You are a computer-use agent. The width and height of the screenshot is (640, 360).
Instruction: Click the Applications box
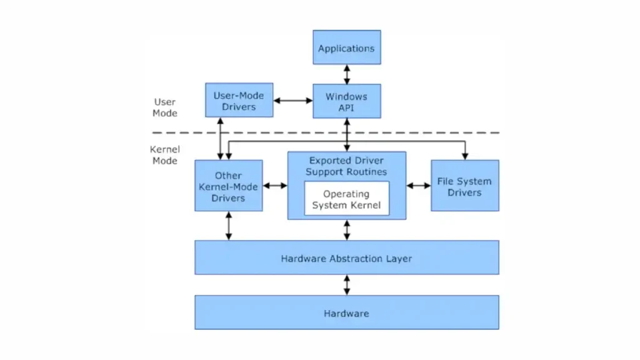point(346,47)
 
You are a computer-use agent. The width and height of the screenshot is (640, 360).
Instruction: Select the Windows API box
point(346,101)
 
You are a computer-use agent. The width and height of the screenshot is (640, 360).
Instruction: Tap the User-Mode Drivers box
point(239,101)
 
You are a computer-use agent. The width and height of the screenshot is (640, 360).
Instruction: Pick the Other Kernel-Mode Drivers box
point(229,186)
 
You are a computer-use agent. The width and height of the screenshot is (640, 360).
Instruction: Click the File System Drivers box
point(465,186)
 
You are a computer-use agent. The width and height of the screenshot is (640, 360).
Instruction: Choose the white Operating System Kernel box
point(346,198)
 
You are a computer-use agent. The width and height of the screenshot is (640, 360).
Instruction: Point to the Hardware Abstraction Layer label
point(346,259)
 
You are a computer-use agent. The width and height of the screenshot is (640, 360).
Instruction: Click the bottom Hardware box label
point(346,314)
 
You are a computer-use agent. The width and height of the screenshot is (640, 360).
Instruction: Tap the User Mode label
point(165,107)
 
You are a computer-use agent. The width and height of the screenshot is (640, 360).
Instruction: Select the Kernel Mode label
point(165,155)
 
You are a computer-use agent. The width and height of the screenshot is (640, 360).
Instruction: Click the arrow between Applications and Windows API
point(346,74)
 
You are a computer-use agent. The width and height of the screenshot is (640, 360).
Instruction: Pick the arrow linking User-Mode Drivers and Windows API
point(293,101)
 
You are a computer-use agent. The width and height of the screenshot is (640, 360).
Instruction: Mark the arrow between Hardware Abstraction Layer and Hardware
point(346,285)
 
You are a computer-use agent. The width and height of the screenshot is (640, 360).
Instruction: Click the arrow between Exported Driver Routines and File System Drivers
point(419,186)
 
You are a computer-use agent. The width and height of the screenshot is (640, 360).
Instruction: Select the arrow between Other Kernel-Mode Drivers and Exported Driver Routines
point(275,186)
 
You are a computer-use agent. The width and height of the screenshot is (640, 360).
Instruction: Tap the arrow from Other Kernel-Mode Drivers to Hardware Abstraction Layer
point(229,226)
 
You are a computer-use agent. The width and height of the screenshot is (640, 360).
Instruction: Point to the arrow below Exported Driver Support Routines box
point(346,230)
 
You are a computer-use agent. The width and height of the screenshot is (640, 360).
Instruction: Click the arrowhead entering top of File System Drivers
point(465,156)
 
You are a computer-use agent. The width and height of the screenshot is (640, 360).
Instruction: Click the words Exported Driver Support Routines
point(346,166)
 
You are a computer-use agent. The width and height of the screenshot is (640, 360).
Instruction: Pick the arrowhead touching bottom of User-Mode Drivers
point(221,121)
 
